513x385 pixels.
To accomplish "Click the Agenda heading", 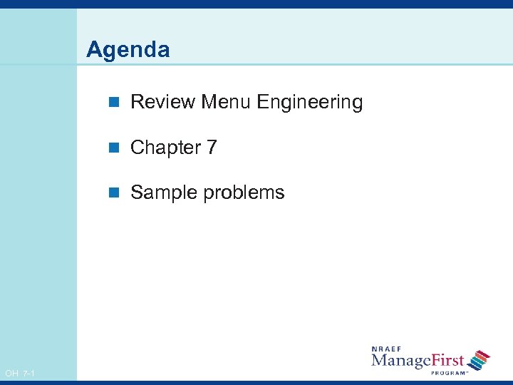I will tap(128, 50).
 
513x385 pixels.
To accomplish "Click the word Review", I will tap(163, 102).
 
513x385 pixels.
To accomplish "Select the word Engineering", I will tap(310, 103).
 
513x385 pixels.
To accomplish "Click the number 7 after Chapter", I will tap(212, 148).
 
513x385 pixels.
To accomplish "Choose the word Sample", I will tap(165, 192).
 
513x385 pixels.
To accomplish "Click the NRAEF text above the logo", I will tap(388, 349).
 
